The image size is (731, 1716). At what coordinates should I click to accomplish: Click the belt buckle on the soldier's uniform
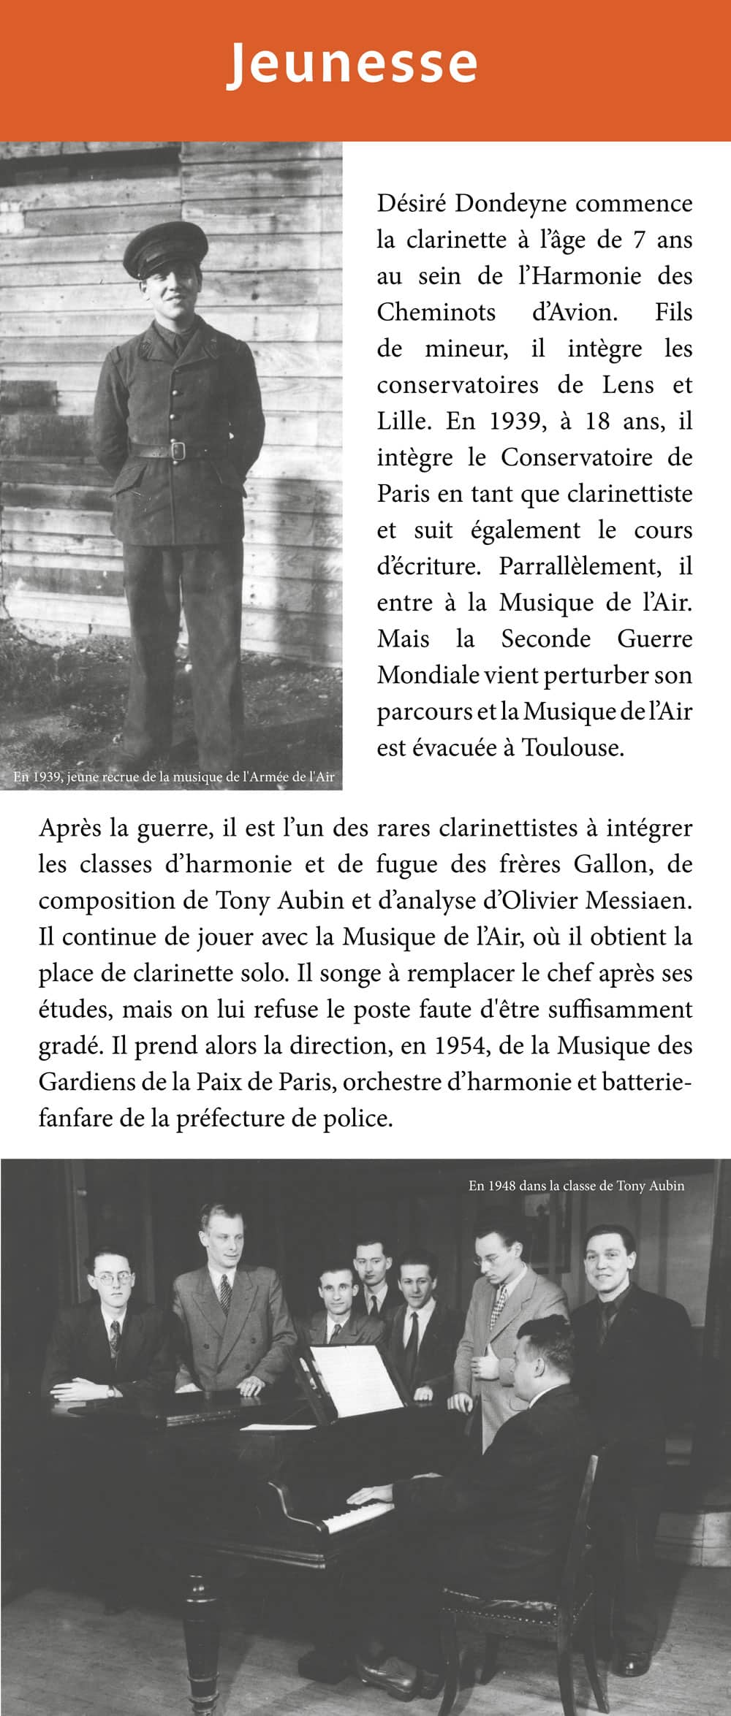tap(177, 449)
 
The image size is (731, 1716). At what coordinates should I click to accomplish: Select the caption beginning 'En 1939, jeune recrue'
tap(174, 777)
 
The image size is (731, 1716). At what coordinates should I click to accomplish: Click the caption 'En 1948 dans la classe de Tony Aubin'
tap(576, 1186)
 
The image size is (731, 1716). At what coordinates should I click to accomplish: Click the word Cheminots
tap(436, 312)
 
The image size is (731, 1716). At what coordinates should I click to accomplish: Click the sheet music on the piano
tap(356, 1378)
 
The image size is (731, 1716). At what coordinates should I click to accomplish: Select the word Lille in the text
tap(401, 422)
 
